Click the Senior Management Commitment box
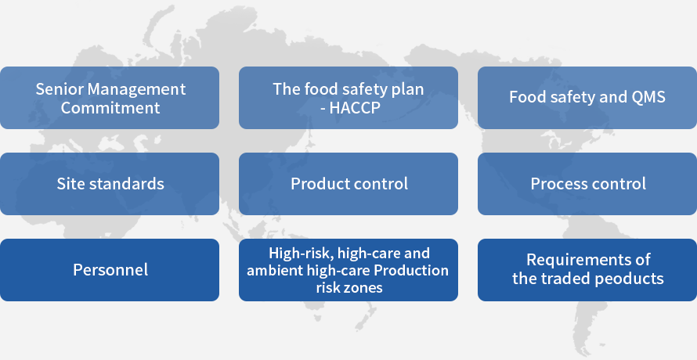coord(110,98)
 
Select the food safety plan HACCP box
coord(348,98)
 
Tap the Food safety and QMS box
coord(587,98)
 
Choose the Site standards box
coord(110,184)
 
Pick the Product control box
coord(348,184)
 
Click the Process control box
coord(587,184)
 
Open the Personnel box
coord(110,270)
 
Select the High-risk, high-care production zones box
coord(348,270)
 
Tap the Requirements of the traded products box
coord(587,270)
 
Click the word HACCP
coord(355,107)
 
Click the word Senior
coord(59,89)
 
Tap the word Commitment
coord(110,107)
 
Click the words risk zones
coord(349,287)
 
